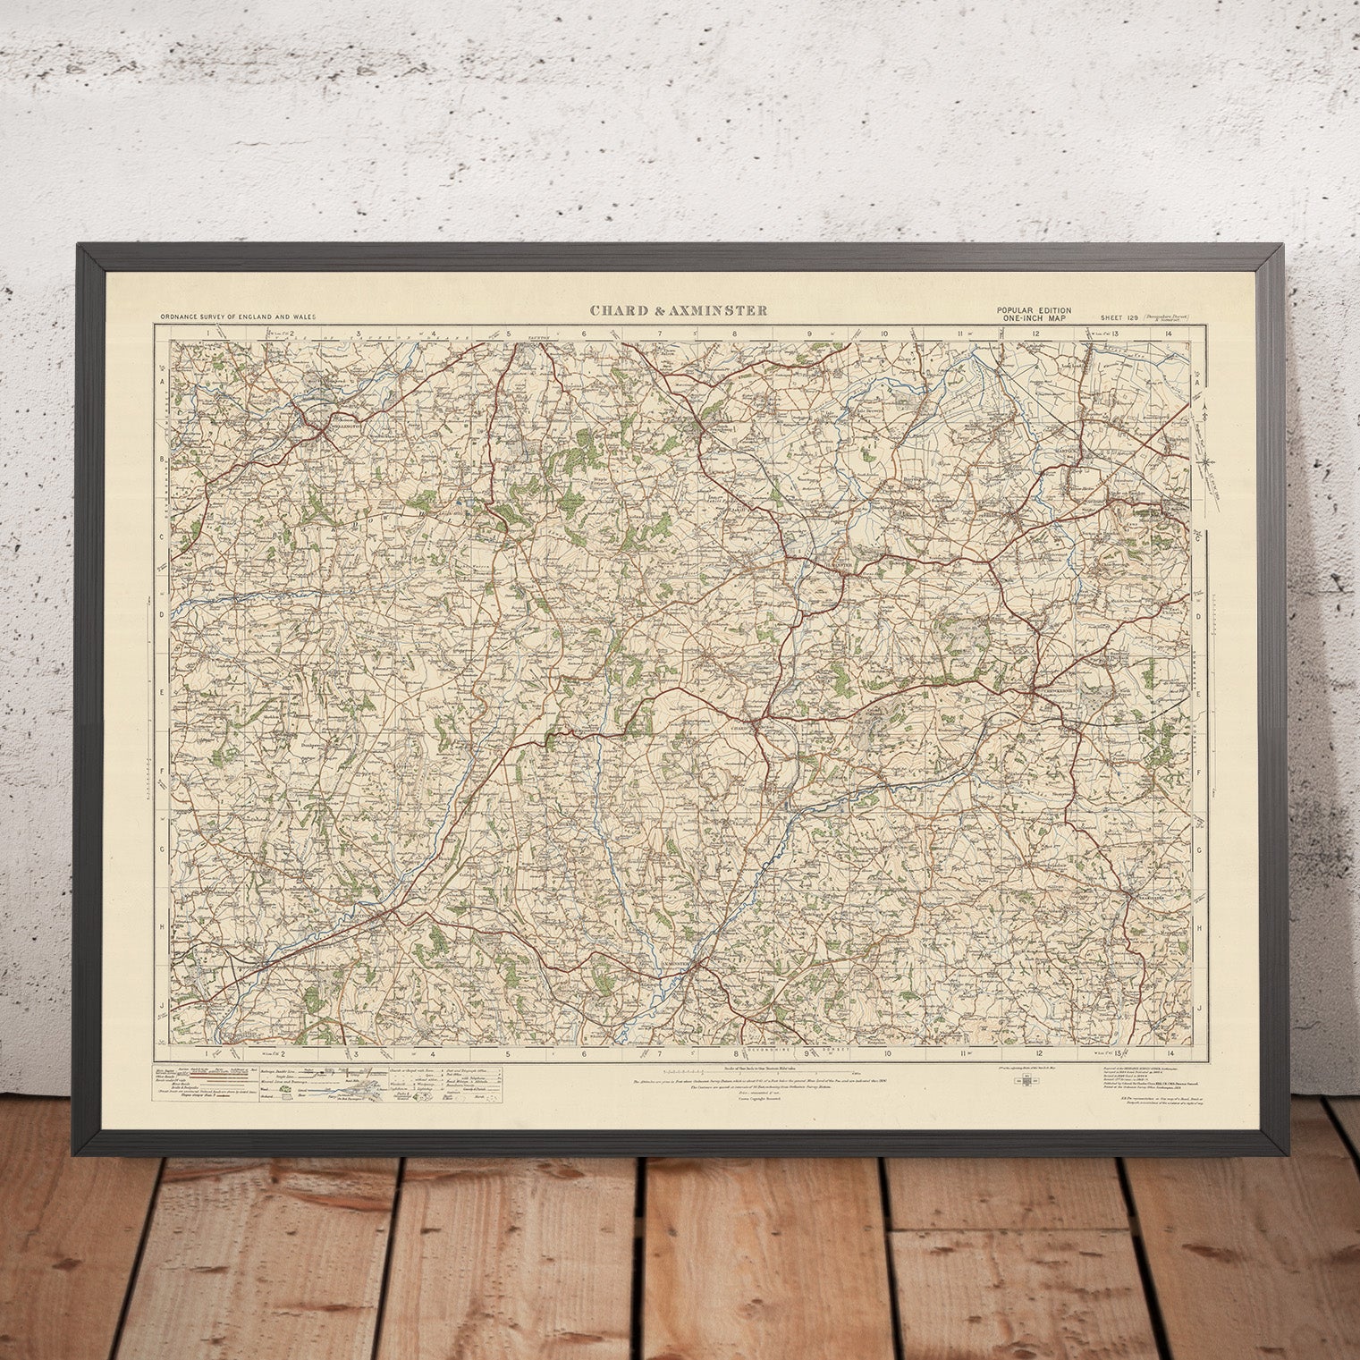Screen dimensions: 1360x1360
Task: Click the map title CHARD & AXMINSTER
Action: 677,311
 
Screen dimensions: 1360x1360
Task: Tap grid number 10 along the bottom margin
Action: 887,1053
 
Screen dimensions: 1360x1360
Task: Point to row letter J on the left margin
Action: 164,1006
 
